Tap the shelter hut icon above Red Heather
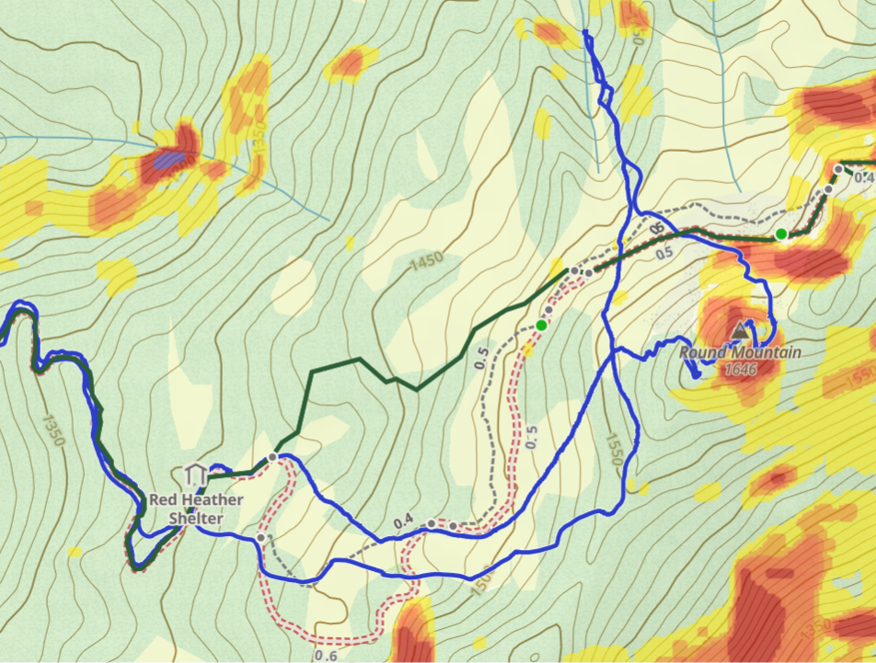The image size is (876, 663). [x=194, y=474]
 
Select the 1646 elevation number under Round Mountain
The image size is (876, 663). [x=740, y=369]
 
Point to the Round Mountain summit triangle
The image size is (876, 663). [x=741, y=329]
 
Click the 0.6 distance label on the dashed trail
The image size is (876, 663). [x=325, y=655]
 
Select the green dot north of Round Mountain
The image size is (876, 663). [x=780, y=234]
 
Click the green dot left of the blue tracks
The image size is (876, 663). [x=541, y=326]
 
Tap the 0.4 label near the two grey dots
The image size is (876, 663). [x=402, y=522]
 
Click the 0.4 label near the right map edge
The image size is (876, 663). [x=864, y=177]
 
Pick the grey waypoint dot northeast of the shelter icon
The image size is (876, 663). [x=272, y=457]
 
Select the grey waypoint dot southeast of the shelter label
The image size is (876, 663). [x=261, y=537]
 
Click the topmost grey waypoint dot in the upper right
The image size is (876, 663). [x=838, y=169]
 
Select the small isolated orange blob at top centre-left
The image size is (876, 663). [x=350, y=63]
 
